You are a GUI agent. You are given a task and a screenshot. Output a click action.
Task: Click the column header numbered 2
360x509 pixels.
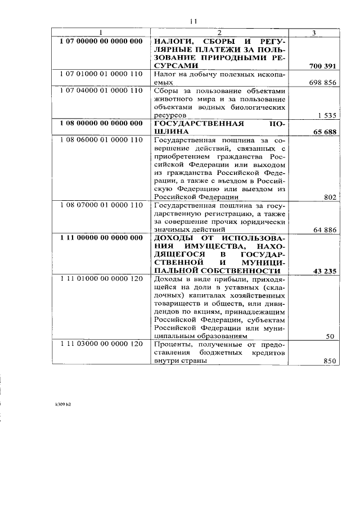click(219, 33)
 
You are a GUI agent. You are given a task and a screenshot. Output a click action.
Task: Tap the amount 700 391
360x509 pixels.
click(322, 66)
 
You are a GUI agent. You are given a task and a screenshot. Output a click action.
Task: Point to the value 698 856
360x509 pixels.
click(322, 82)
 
